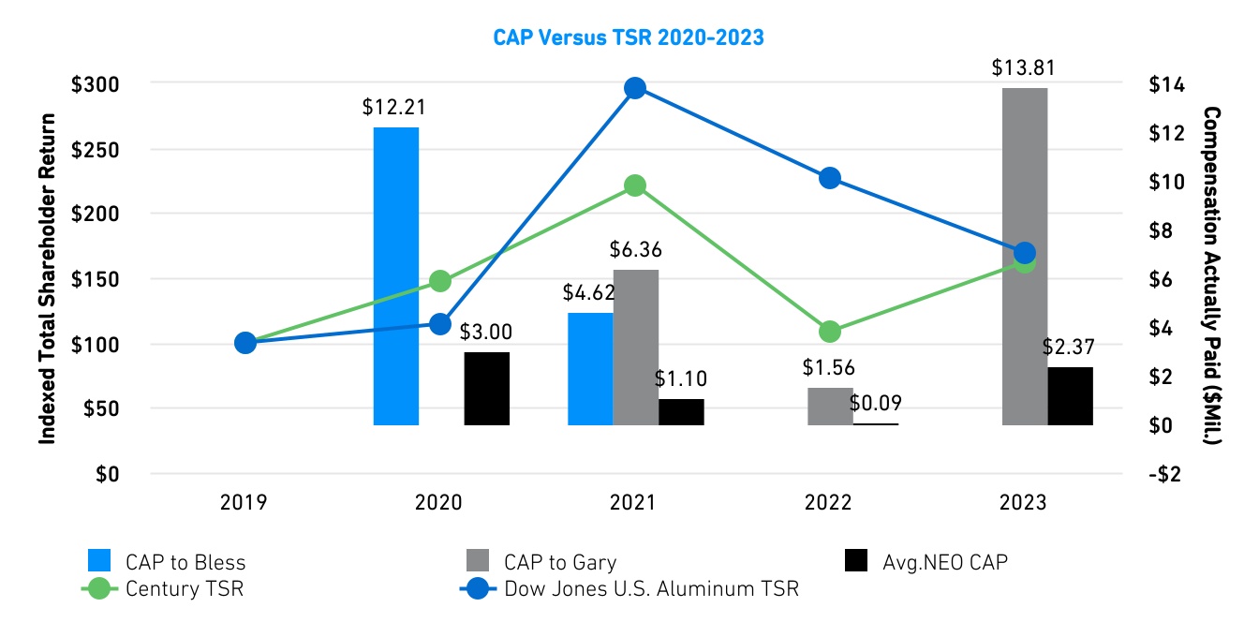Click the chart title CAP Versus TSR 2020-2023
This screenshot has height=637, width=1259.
(629, 37)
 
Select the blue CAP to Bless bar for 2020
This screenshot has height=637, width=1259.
(396, 276)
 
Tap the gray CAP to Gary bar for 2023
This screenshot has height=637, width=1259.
(1025, 258)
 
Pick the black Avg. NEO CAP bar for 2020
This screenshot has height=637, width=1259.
(487, 389)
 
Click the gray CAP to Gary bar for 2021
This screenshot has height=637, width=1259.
(636, 348)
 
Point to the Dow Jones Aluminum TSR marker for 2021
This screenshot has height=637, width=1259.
(635, 88)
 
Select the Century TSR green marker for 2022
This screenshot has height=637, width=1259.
(829, 332)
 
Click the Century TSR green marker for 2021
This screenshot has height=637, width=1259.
(635, 185)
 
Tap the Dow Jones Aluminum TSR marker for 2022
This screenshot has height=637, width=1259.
(829, 178)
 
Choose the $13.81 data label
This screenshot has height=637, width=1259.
(1024, 68)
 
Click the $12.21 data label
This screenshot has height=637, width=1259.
(394, 107)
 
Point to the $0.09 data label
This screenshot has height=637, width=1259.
(876, 404)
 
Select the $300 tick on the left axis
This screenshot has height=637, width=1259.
(96, 84)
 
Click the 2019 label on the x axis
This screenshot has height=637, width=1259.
(244, 503)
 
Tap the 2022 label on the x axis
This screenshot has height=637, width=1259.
(828, 503)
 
